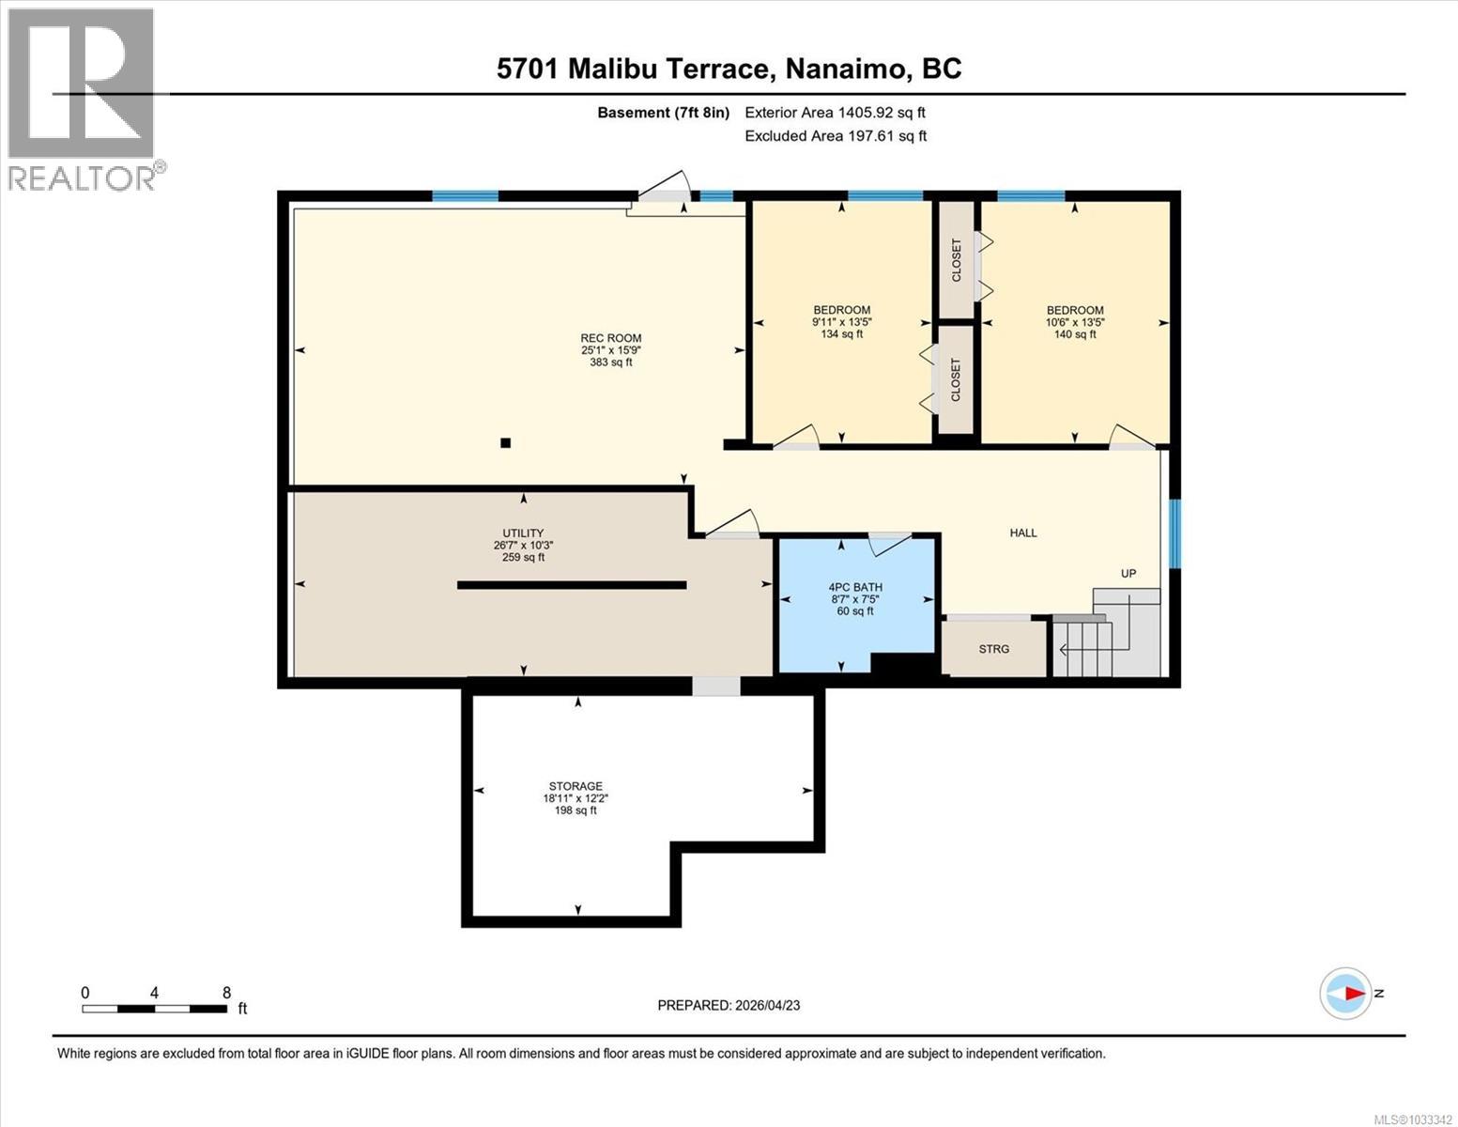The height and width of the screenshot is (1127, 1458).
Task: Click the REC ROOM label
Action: click(x=610, y=339)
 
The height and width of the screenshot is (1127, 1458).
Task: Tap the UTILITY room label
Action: click(x=523, y=533)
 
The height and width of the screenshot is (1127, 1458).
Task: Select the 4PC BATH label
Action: click(x=854, y=588)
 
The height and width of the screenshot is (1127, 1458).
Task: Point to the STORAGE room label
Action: click(x=576, y=787)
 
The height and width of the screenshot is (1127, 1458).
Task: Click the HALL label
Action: click(x=1023, y=533)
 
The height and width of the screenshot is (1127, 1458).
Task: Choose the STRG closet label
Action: click(x=993, y=649)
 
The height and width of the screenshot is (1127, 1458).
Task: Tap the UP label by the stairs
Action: click(x=1128, y=574)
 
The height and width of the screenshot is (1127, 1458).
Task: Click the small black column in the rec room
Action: click(x=505, y=443)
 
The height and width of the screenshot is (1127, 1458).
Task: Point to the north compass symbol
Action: click(x=1346, y=993)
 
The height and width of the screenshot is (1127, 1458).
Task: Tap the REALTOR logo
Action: click(x=83, y=99)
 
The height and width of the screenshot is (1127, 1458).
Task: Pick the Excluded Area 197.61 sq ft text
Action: click(x=835, y=136)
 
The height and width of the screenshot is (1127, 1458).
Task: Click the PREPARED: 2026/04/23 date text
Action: click(x=729, y=1005)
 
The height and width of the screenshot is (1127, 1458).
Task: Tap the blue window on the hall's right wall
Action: click(x=1174, y=533)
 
